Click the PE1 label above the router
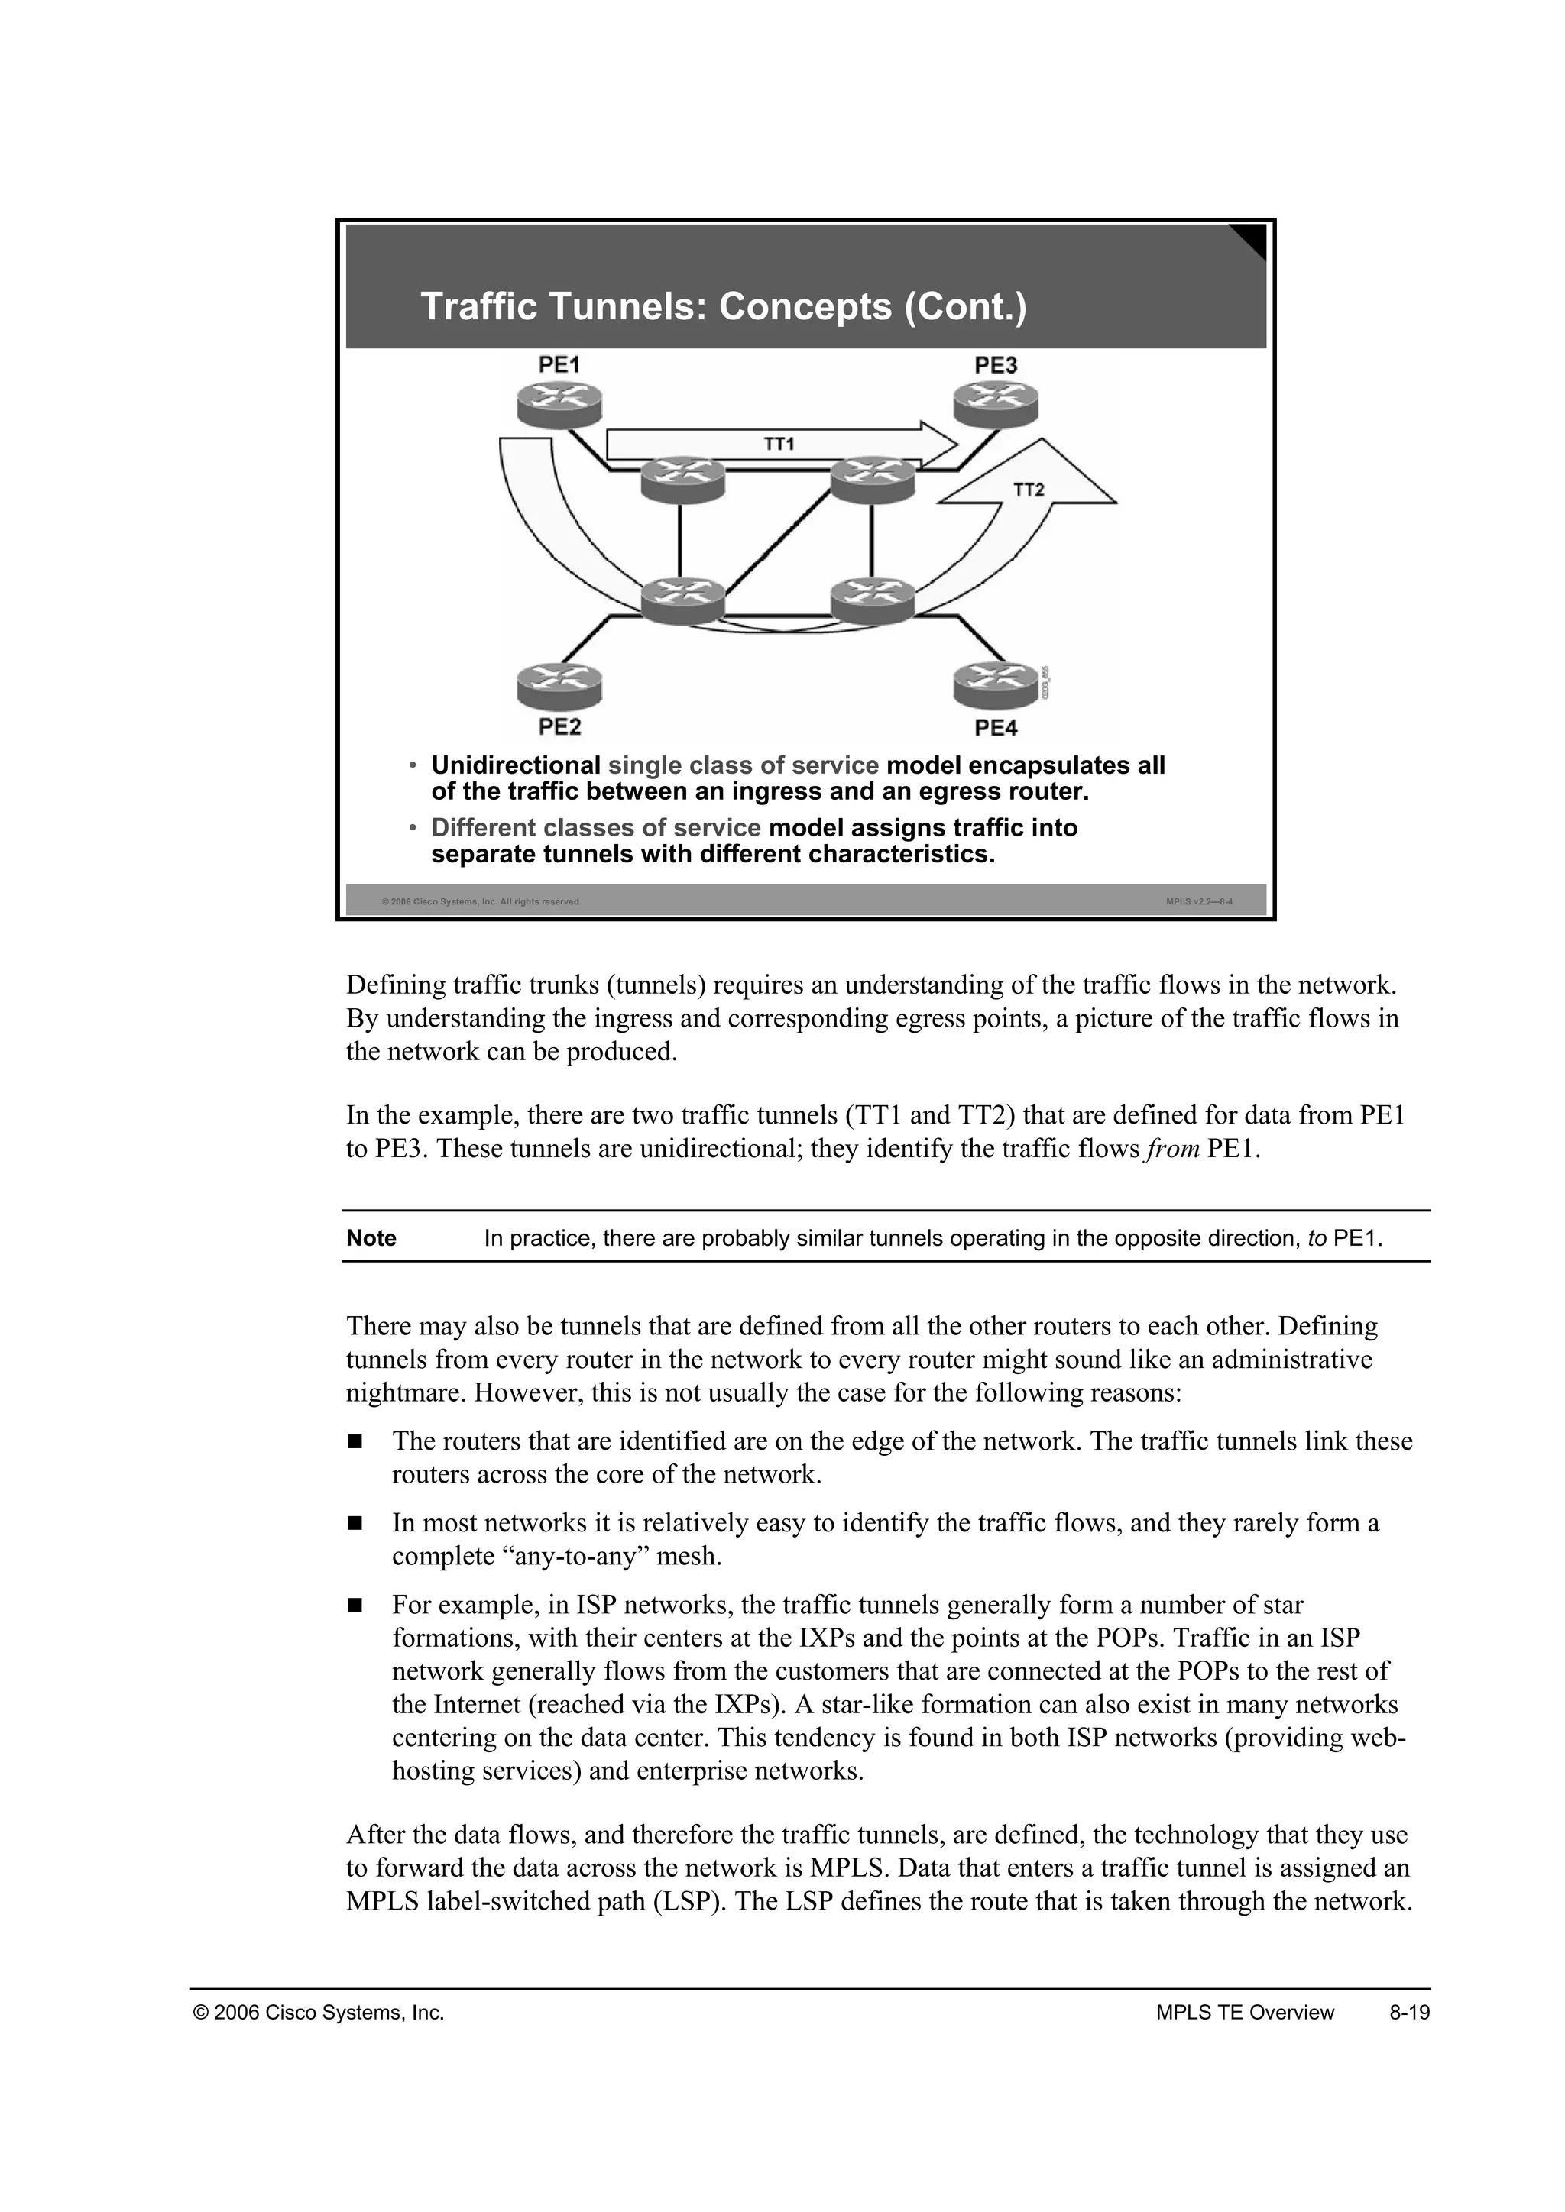(x=559, y=365)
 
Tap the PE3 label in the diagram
(x=996, y=365)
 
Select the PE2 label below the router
(x=559, y=727)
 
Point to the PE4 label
(x=996, y=727)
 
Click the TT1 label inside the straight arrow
(x=779, y=444)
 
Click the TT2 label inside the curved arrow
(x=1029, y=490)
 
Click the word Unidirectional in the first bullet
(x=516, y=766)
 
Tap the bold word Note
(x=371, y=1239)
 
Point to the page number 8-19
(x=1409, y=2013)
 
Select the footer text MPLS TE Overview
(x=1244, y=2013)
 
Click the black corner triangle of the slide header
(x=1252, y=238)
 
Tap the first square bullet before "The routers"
(x=354, y=1442)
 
